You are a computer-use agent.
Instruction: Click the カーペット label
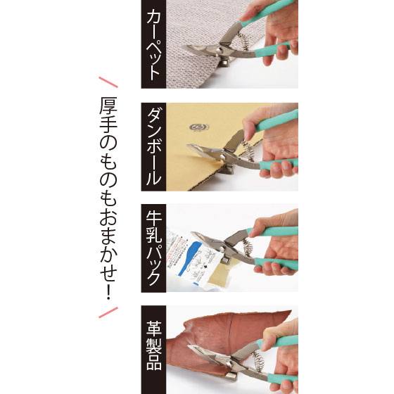(153, 45)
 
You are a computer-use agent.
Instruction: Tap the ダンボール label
(153, 147)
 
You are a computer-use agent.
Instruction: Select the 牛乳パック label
(153, 248)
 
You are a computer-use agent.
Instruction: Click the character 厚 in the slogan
(108, 106)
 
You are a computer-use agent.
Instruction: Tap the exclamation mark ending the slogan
(108, 291)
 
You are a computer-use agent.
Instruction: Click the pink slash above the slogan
(108, 82)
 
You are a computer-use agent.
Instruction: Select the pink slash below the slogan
(108, 312)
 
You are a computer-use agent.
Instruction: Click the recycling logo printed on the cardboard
(199, 127)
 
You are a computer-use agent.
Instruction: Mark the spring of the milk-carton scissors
(248, 248)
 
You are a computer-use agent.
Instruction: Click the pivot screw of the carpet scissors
(219, 51)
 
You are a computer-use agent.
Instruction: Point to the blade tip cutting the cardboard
(188, 146)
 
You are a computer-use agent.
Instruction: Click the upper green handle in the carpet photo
(266, 13)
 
